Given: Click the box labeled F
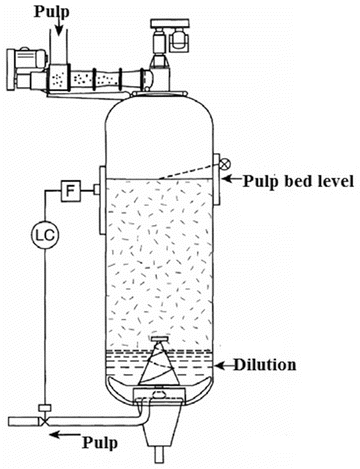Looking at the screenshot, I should pyautogui.click(x=71, y=189).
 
